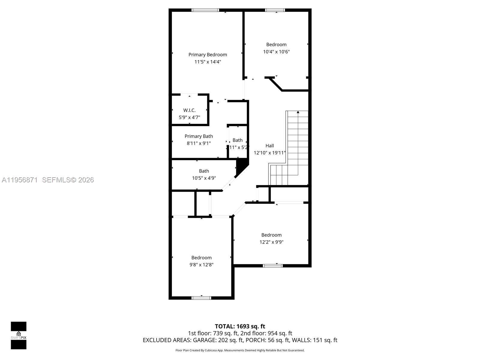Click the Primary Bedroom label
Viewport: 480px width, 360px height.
208,55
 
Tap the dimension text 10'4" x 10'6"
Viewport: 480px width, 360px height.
276,52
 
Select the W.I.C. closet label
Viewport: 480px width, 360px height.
189,110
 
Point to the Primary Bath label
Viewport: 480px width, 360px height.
199,136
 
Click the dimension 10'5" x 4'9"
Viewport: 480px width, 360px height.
204,178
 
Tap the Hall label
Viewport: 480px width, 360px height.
269,146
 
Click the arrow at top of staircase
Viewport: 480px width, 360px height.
298,112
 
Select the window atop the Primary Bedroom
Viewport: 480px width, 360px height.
205,10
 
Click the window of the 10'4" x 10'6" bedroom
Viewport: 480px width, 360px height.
275,10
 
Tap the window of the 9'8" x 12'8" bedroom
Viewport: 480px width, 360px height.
201,298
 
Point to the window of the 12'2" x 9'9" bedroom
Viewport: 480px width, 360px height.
273,265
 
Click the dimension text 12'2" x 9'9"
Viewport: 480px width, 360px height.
271,242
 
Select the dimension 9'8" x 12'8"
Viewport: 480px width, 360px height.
201,265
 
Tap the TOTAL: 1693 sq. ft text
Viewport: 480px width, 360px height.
240,326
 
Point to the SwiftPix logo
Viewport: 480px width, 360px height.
19,335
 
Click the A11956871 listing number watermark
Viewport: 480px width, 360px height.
20,180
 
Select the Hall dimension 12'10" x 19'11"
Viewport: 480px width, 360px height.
269,153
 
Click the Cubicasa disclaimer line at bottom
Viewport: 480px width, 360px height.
240,350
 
